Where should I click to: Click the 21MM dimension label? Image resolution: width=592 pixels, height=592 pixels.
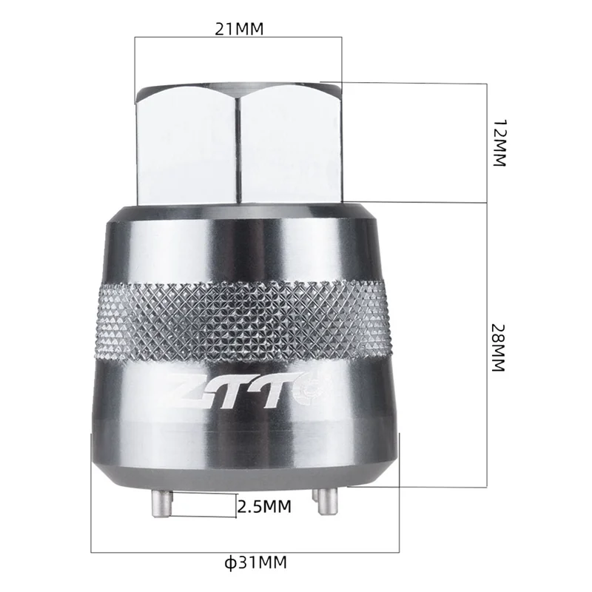[238, 29]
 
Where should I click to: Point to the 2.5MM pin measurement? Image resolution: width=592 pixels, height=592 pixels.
[263, 507]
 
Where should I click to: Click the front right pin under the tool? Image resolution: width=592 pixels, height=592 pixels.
[320, 503]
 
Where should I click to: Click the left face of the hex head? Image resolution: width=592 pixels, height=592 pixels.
[185, 144]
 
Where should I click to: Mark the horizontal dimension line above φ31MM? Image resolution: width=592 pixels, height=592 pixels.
[244, 551]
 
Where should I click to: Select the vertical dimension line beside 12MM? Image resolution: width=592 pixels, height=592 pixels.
[486, 142]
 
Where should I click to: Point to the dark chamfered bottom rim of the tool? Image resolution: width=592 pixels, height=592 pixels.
[241, 474]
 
